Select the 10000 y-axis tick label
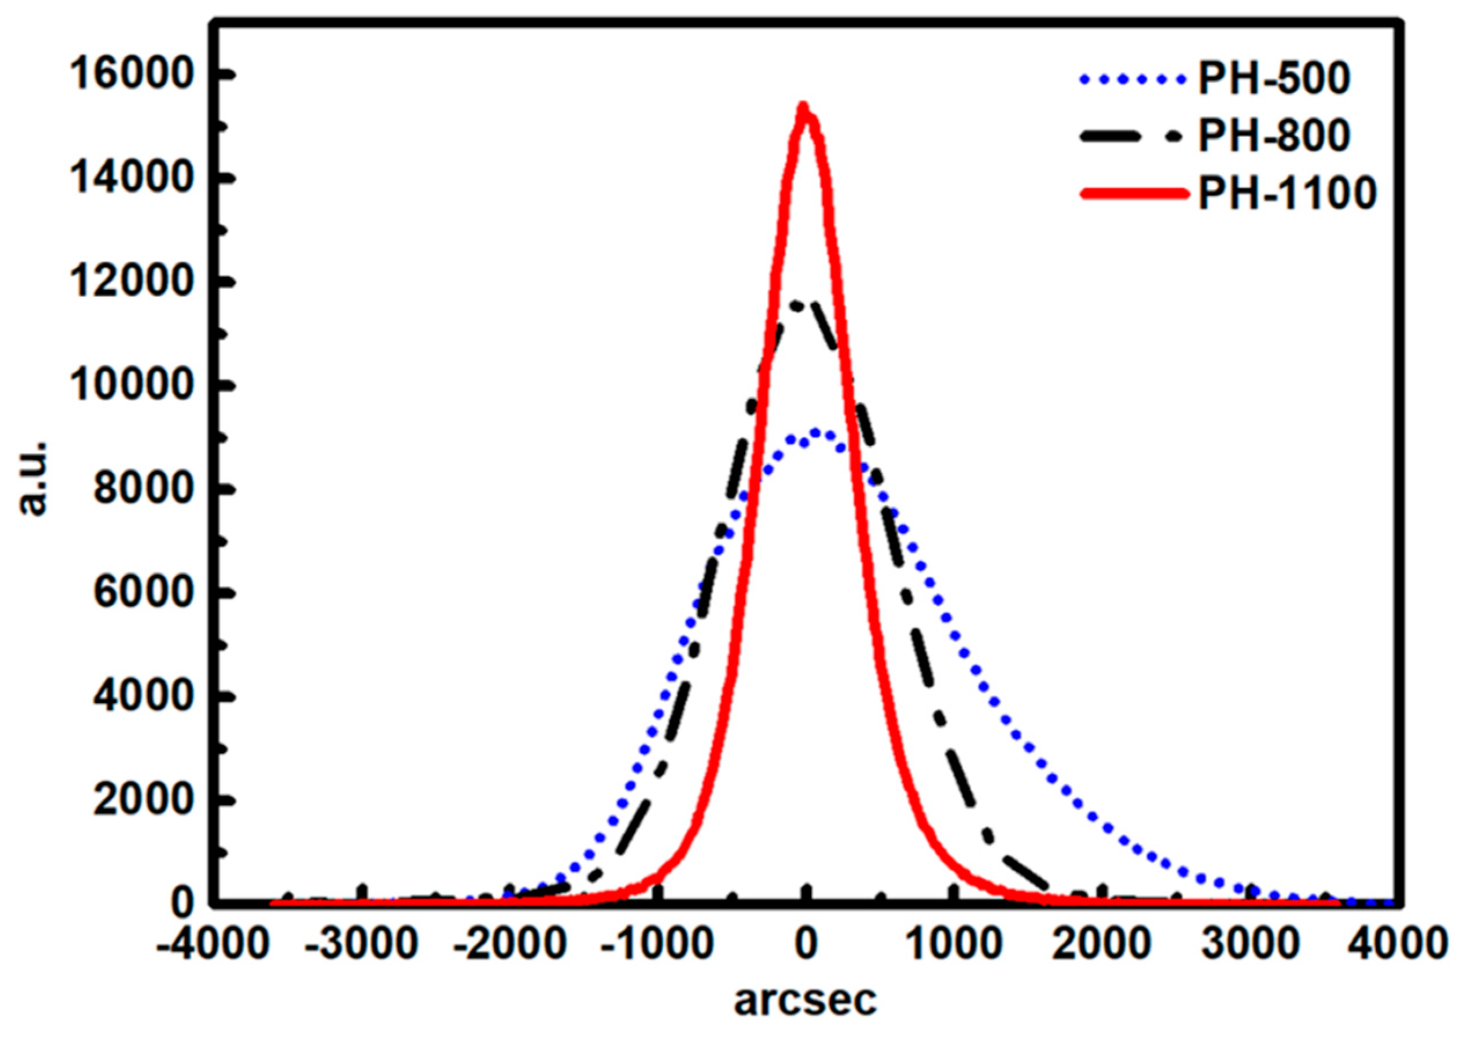point(131,387)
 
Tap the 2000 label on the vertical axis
point(142,800)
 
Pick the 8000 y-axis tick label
point(142,490)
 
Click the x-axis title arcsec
point(805,1001)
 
